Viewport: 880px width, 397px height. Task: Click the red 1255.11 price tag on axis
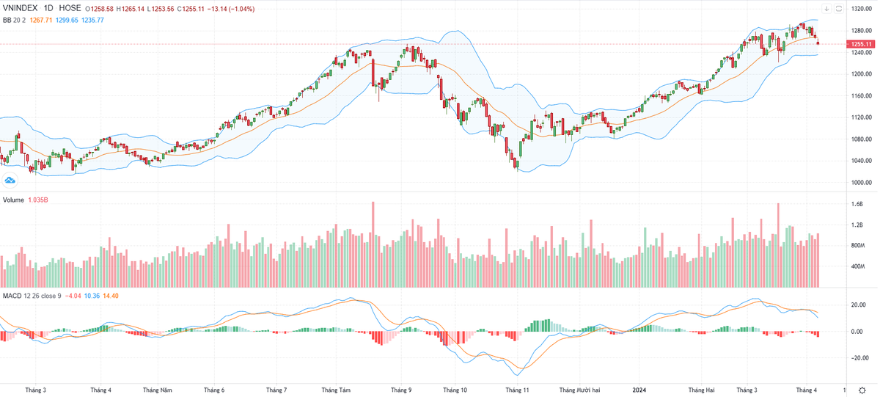tap(859, 44)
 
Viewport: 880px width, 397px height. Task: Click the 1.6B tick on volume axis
tap(857, 205)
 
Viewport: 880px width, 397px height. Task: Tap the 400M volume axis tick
tap(858, 266)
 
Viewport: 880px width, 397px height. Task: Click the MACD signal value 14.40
tap(110, 296)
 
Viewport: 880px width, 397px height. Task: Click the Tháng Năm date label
tap(158, 390)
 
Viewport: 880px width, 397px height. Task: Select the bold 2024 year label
tap(640, 390)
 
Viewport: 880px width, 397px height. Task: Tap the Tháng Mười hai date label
tap(580, 390)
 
